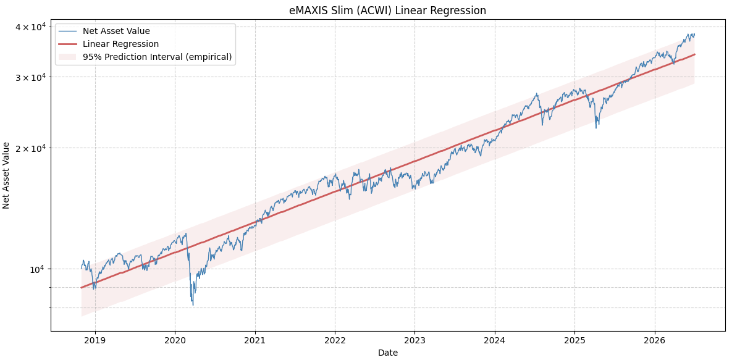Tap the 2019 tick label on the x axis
(x=95, y=340)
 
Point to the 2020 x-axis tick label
(x=175, y=340)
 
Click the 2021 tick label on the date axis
(x=255, y=340)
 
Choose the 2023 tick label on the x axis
(x=414, y=340)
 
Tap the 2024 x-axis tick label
(x=495, y=340)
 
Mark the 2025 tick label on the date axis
(x=574, y=340)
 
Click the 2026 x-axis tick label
(x=655, y=340)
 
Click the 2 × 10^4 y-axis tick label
(x=30, y=148)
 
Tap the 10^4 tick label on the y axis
(x=37, y=269)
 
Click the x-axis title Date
(x=388, y=353)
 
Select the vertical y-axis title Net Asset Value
(x=6, y=175)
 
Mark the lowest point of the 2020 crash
(x=193, y=305)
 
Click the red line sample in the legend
(x=68, y=44)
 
